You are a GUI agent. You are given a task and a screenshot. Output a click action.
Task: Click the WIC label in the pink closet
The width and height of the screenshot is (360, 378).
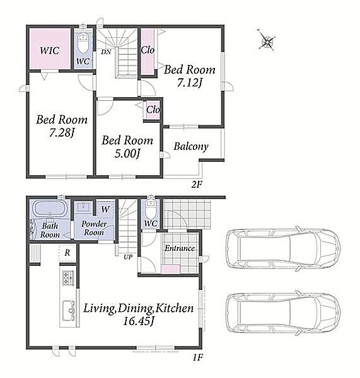coord(49,50)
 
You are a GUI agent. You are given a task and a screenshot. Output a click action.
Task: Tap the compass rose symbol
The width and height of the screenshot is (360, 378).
coord(267,40)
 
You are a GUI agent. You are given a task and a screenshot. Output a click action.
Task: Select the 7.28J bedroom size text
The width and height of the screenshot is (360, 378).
coord(61,133)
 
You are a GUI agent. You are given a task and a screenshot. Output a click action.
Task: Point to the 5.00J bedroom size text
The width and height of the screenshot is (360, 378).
coord(127,154)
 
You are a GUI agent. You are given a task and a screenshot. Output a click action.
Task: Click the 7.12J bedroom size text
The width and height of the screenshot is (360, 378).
coord(189,83)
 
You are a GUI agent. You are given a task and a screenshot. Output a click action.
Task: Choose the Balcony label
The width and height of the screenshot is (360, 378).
coord(191,146)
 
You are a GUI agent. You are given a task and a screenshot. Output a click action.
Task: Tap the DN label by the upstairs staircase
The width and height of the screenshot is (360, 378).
coord(106,52)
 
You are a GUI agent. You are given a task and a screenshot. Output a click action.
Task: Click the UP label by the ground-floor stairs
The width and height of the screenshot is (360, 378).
coord(128,257)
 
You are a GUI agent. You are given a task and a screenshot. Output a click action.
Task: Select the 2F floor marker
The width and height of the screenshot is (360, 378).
coord(197,185)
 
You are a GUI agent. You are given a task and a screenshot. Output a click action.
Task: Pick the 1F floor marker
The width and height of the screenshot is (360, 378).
coord(197,357)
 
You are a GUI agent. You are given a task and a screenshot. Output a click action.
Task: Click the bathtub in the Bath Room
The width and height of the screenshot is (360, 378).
coord(49,209)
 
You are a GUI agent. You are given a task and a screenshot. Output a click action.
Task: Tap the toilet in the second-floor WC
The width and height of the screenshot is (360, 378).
coord(83,43)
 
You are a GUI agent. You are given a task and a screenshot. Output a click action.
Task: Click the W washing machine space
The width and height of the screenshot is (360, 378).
coord(105,209)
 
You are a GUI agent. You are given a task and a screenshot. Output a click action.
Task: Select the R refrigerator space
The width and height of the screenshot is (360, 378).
coord(67,253)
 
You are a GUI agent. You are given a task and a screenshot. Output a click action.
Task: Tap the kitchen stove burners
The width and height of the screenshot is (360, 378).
coord(68,278)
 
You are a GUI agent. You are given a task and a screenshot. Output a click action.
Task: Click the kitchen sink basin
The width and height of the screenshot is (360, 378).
coord(68,311)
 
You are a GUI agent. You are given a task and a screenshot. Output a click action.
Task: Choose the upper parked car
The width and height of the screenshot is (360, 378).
coord(283,249)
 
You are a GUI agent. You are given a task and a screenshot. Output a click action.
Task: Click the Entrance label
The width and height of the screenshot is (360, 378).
coord(180,248)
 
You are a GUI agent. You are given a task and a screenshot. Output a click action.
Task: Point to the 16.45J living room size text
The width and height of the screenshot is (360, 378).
coord(138,321)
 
